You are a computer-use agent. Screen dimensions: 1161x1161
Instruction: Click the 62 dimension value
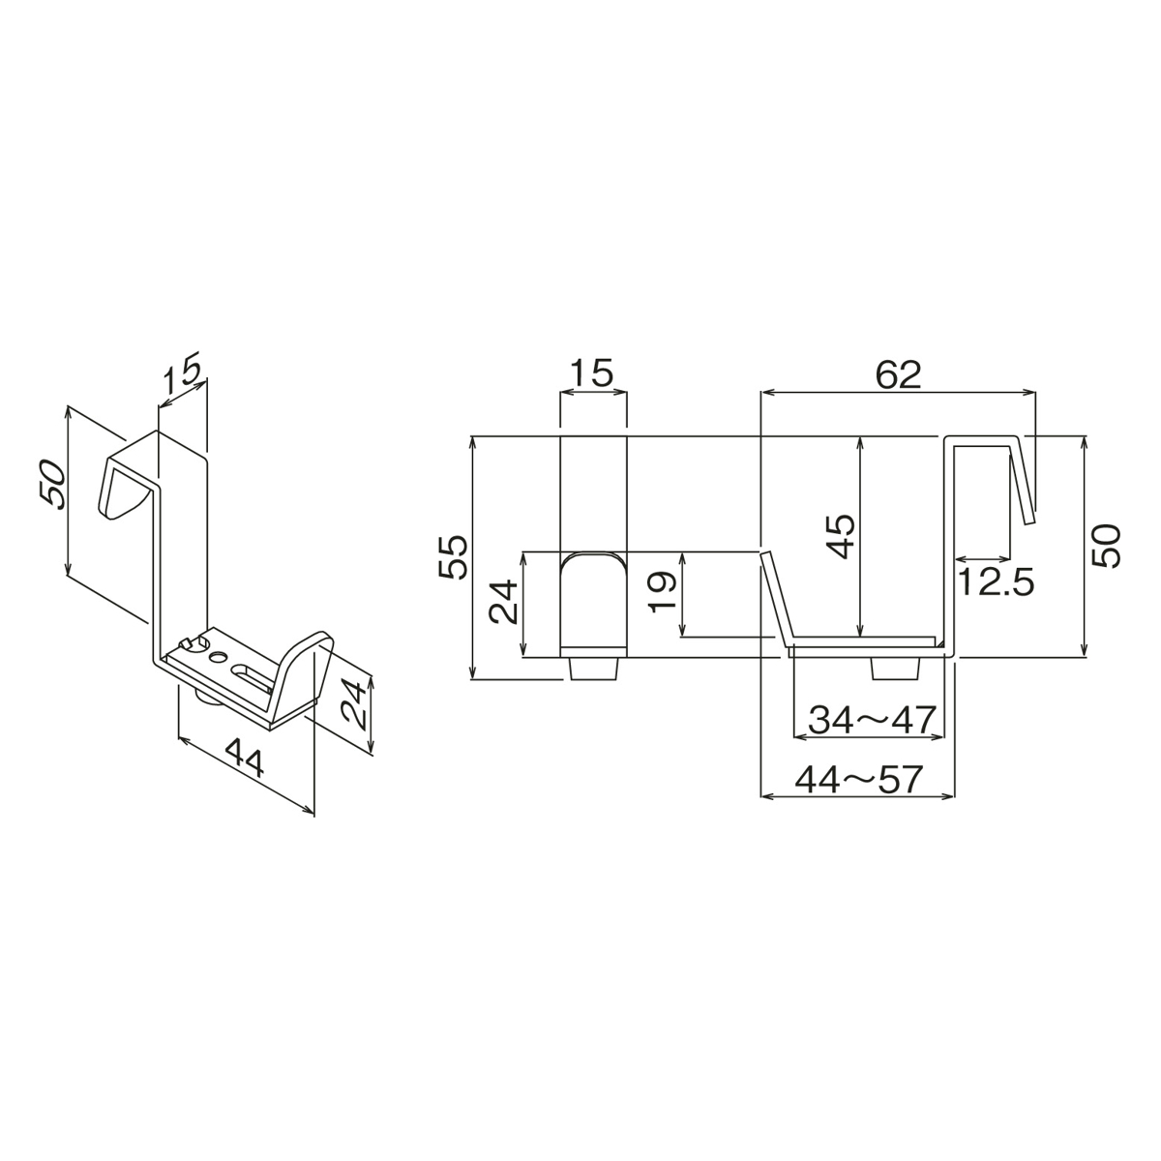(898, 375)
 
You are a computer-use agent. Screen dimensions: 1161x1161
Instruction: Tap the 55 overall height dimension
(453, 556)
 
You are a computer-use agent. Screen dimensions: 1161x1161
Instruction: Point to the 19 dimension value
(662, 592)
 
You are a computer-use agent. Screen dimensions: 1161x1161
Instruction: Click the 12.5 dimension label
(996, 582)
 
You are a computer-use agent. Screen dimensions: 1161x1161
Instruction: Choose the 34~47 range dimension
(872, 720)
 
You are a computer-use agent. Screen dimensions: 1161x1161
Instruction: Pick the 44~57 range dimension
(858, 780)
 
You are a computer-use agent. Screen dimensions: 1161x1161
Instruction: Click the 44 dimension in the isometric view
(244, 758)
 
